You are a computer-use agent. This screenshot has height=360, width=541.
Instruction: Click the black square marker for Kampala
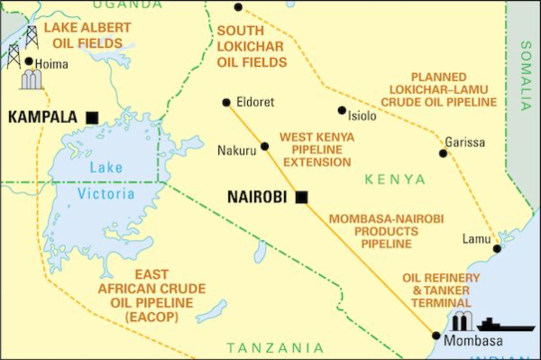(92, 117)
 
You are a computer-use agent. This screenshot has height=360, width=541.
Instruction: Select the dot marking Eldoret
(225, 102)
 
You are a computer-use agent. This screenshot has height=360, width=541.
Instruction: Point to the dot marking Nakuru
(264, 146)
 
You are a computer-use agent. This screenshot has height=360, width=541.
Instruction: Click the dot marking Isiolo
(342, 111)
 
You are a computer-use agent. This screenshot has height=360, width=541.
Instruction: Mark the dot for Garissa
(443, 153)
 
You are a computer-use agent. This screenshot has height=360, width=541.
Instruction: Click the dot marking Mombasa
(437, 337)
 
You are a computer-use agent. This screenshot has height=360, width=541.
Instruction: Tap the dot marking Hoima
(29, 62)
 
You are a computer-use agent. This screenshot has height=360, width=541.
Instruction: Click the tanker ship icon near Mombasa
(500, 324)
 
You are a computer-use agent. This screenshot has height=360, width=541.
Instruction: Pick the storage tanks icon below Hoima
(32, 80)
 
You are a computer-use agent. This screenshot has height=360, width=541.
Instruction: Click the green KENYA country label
(394, 180)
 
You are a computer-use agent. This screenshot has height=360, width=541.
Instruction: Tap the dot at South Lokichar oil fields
(238, 7)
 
